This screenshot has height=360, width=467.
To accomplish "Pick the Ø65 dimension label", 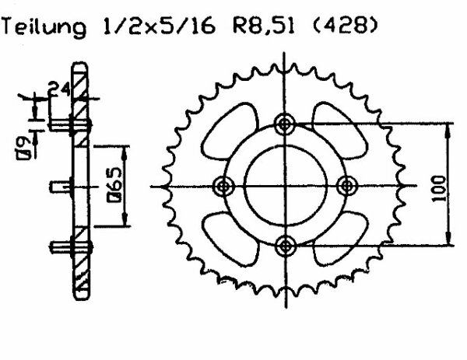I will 114,185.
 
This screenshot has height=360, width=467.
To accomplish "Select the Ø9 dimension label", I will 26,145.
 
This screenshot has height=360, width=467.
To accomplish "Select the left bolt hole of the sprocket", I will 225,186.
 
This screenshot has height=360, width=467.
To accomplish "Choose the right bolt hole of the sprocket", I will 347,186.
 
